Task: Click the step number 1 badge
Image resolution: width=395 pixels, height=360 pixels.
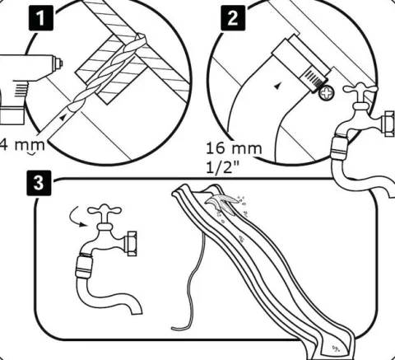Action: click(x=41, y=18)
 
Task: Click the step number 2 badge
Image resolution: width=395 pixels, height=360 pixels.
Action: click(x=233, y=18)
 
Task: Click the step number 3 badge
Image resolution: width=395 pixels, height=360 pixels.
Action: click(x=39, y=183)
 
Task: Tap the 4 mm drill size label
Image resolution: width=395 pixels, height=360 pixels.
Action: click(x=22, y=145)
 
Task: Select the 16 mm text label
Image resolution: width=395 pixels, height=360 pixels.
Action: click(x=234, y=148)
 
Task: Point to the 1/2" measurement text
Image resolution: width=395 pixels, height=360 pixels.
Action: click(x=223, y=167)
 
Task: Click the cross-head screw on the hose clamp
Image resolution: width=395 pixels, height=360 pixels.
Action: click(x=327, y=92)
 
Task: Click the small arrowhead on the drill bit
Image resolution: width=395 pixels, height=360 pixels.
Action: click(x=63, y=117)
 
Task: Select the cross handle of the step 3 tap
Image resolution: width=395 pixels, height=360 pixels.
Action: click(x=105, y=211)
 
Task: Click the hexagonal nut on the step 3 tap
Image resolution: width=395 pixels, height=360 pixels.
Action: click(x=131, y=244)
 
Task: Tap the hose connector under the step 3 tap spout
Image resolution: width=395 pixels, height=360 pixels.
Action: click(x=84, y=266)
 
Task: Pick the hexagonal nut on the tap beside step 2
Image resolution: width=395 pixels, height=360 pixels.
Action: click(x=389, y=124)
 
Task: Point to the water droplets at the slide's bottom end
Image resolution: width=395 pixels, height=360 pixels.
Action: click(x=337, y=348)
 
